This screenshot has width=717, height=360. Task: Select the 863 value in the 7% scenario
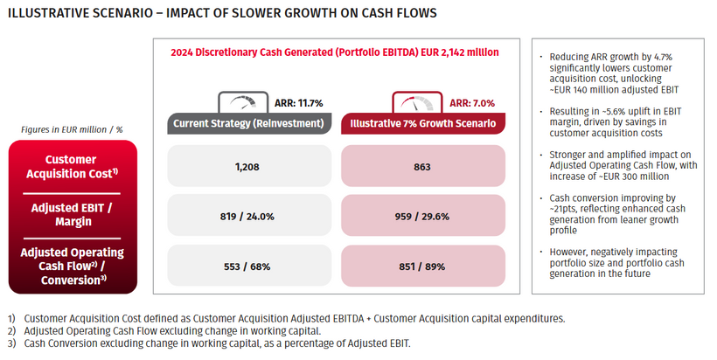pyautogui.click(x=423, y=165)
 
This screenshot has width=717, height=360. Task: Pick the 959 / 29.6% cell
pyautogui.click(x=423, y=215)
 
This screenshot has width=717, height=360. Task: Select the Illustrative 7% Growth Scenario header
pyautogui.click(x=423, y=123)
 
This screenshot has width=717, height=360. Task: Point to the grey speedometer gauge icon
pyautogui.click(x=239, y=100)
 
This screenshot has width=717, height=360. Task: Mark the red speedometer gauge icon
pyautogui.click(x=413, y=100)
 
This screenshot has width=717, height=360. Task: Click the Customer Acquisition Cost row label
pyautogui.click(x=71, y=166)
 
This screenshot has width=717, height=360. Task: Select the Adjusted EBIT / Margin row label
pyautogui.click(x=71, y=215)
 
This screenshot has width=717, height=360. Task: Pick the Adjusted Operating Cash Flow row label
pyautogui.click(x=71, y=266)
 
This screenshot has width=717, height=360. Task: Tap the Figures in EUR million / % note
pyautogui.click(x=71, y=129)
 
